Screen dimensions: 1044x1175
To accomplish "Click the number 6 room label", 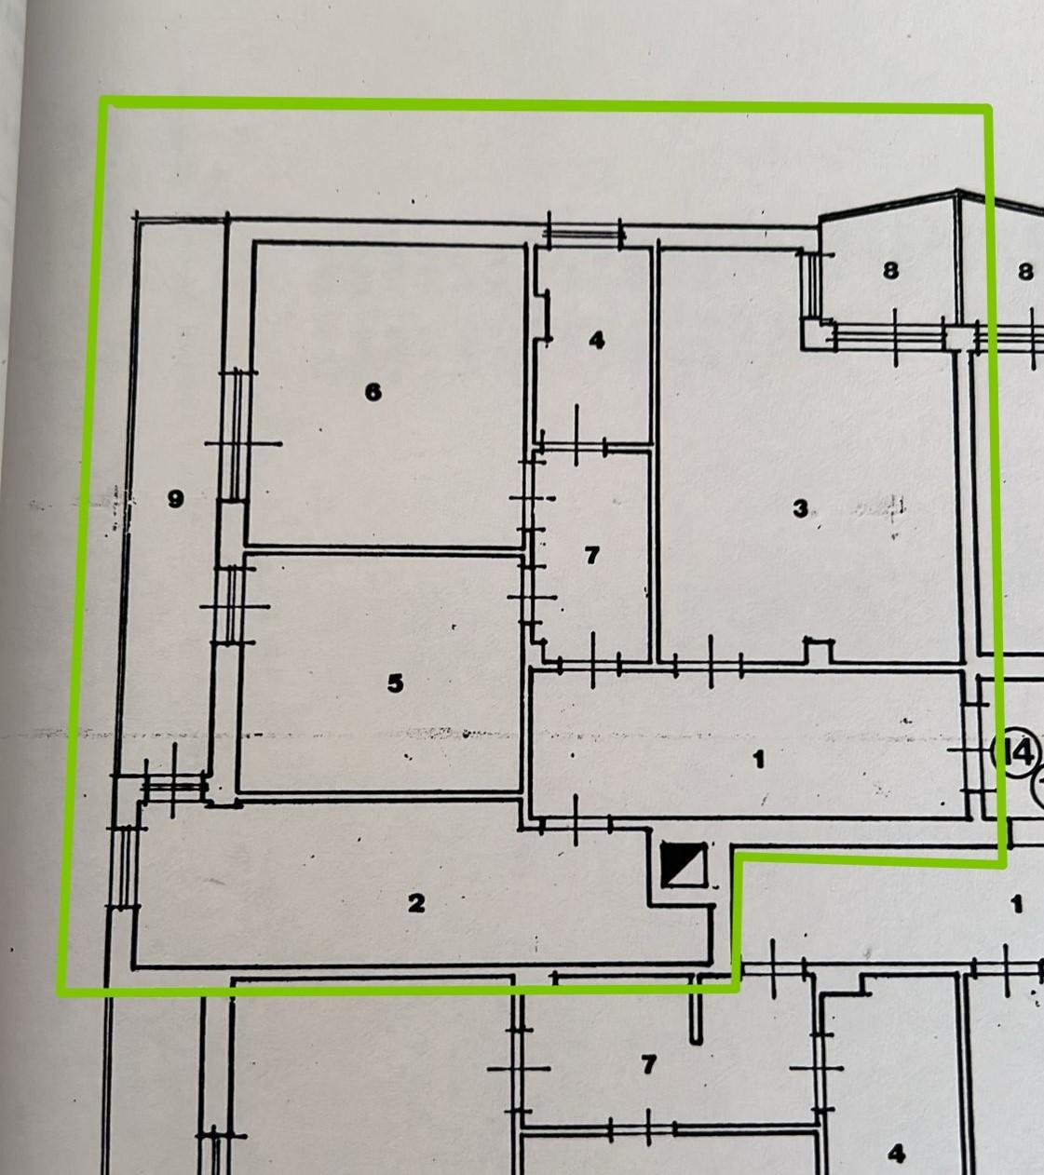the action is [x=373, y=392].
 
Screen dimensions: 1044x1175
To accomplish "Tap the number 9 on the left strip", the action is [x=175, y=499].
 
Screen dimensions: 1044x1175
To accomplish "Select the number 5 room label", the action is [x=395, y=683].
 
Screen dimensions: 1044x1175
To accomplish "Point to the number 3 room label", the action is [x=800, y=508].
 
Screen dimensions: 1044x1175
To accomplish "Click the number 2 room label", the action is [x=415, y=902].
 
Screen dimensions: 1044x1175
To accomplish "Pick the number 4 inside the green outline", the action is [x=596, y=340].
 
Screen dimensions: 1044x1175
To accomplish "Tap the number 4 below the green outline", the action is [x=896, y=1155].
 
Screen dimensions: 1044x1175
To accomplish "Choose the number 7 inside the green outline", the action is [x=591, y=556].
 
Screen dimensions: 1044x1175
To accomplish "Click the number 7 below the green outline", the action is [x=649, y=1063].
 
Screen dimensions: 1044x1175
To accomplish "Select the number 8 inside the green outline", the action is [x=890, y=270].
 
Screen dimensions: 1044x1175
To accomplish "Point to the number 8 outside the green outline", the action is [x=1025, y=272].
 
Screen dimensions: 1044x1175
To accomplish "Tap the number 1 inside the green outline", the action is [x=758, y=760].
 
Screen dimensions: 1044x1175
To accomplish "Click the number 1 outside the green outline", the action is [x=1017, y=903].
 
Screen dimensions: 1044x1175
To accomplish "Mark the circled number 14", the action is [x=1016, y=750].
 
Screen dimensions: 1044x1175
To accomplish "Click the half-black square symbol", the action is [x=684, y=865].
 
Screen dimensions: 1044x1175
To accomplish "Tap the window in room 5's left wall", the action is [x=230, y=605].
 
